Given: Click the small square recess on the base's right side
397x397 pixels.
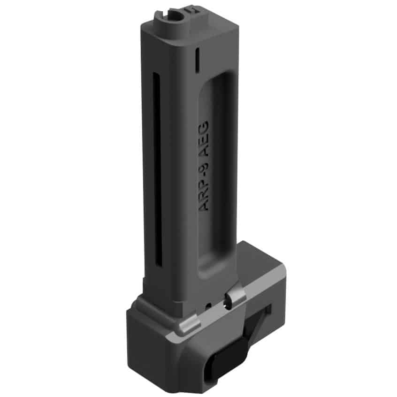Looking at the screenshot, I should click(269, 310).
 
